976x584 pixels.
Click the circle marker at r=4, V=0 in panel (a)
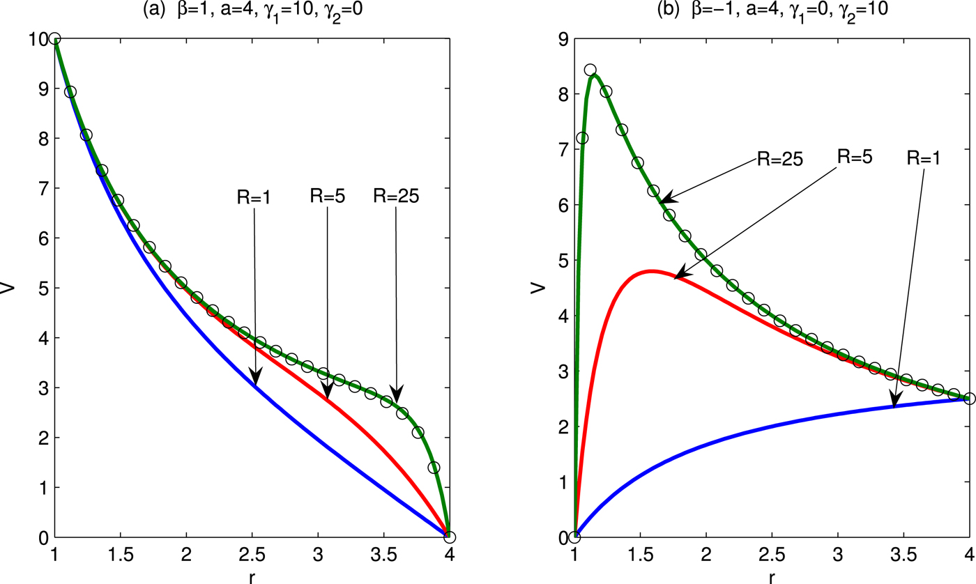449,537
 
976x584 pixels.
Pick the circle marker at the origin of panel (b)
574,537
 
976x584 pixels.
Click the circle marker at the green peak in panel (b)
590,70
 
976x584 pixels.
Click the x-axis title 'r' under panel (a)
252,577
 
